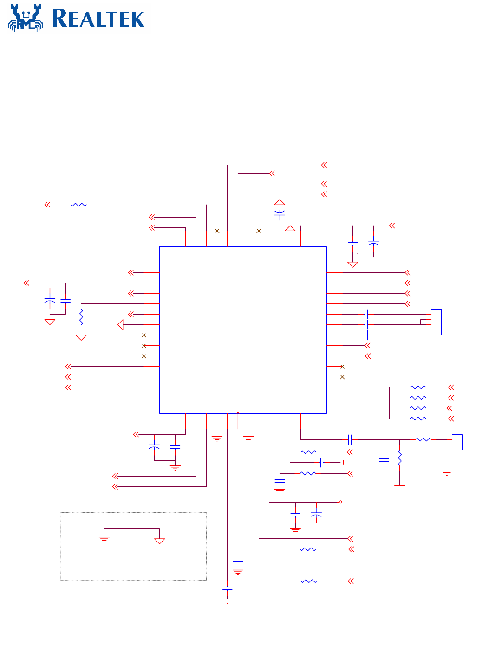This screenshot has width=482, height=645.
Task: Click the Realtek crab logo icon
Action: point(26,18)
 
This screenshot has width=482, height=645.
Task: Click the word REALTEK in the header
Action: point(98,19)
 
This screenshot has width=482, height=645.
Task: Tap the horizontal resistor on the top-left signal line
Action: point(79,205)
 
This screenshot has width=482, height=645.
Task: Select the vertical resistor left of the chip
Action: point(81,317)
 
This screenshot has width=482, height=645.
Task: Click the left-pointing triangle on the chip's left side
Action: point(121,325)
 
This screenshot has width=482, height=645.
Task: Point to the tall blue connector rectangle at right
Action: point(436,322)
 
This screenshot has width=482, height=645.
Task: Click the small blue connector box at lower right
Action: point(457,442)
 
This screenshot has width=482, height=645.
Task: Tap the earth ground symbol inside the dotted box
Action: point(104,539)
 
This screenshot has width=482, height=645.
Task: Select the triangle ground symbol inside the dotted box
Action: point(159,541)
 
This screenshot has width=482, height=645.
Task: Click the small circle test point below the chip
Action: point(341,502)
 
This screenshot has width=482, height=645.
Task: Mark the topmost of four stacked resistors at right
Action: point(418,387)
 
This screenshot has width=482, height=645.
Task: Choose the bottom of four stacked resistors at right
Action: point(418,419)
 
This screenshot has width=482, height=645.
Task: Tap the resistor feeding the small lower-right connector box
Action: point(423,439)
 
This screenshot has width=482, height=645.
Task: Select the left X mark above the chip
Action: point(217,231)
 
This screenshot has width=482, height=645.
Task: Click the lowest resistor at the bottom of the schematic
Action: point(309,581)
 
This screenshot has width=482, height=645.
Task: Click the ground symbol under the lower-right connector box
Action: point(447,473)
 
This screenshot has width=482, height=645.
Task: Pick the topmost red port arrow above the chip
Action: point(324,165)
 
